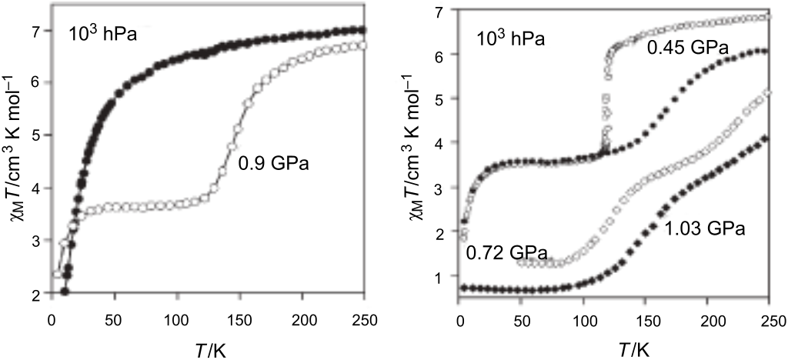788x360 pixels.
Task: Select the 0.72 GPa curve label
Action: [506, 253]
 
